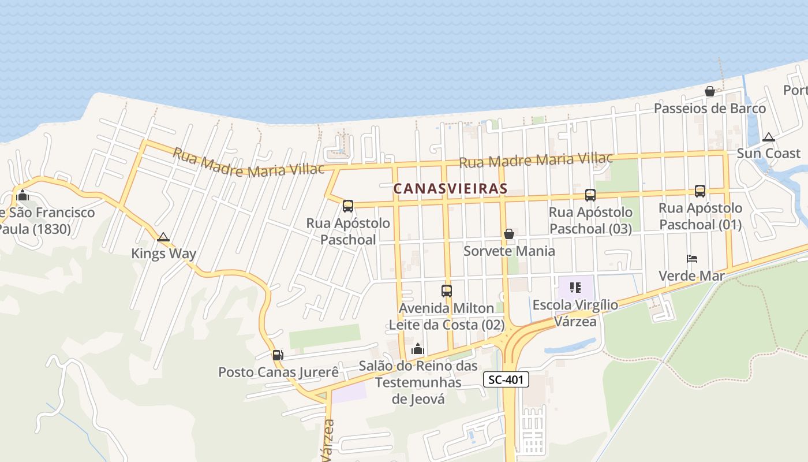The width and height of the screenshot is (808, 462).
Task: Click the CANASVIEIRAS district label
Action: (x=450, y=188)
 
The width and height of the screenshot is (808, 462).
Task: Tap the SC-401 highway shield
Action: (x=506, y=379)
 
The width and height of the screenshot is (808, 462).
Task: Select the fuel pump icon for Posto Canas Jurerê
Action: (x=278, y=355)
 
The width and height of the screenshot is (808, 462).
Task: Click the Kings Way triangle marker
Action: (x=163, y=237)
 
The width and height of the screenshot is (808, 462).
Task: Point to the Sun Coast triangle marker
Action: (x=768, y=137)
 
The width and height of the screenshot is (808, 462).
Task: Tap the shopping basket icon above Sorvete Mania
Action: (x=509, y=234)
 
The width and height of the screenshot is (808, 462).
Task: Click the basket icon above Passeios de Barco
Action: (x=710, y=91)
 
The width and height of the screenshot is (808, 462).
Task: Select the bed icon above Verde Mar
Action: (x=692, y=258)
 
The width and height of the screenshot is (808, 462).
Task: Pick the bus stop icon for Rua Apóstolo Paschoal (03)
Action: (x=590, y=195)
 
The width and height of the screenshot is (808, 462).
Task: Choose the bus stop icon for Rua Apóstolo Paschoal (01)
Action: (x=700, y=191)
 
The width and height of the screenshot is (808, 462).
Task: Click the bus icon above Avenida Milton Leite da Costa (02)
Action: (x=446, y=291)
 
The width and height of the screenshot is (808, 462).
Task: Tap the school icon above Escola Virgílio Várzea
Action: (x=575, y=287)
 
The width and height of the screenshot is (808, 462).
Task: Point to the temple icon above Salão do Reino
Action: (x=417, y=349)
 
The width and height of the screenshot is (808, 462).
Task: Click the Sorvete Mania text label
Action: (x=509, y=251)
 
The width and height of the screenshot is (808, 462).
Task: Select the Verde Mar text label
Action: (x=691, y=275)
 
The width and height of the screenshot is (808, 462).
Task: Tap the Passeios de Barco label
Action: (x=709, y=109)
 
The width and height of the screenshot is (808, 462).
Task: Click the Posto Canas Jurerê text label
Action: (x=278, y=372)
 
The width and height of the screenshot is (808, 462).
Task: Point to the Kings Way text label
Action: (x=163, y=254)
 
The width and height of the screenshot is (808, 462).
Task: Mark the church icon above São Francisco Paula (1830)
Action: (x=23, y=195)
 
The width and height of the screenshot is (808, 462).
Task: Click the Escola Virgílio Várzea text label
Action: (x=575, y=312)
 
